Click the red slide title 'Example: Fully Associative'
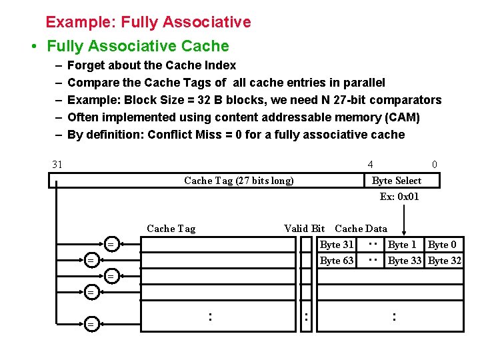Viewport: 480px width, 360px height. [148, 22]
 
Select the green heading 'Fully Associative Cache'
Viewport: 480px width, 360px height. [137, 46]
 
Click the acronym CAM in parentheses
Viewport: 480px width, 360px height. [403, 117]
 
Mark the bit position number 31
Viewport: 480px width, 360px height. [57, 165]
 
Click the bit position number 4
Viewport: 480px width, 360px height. [370, 165]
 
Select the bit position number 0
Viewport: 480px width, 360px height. [435, 165]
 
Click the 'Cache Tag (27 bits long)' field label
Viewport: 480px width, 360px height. [239, 181]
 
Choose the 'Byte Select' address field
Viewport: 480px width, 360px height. [396, 181]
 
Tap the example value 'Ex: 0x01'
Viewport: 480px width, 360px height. [399, 196]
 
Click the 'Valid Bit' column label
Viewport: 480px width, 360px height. [304, 229]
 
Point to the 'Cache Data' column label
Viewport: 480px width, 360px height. [361, 229]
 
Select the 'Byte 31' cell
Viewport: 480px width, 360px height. [337, 245]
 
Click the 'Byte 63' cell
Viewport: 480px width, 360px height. [337, 261]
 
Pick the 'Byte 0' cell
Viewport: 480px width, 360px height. [442, 245]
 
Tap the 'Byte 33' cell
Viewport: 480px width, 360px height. [405, 261]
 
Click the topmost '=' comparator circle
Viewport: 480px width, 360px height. [111, 245]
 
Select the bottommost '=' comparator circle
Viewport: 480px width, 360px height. [91, 324]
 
